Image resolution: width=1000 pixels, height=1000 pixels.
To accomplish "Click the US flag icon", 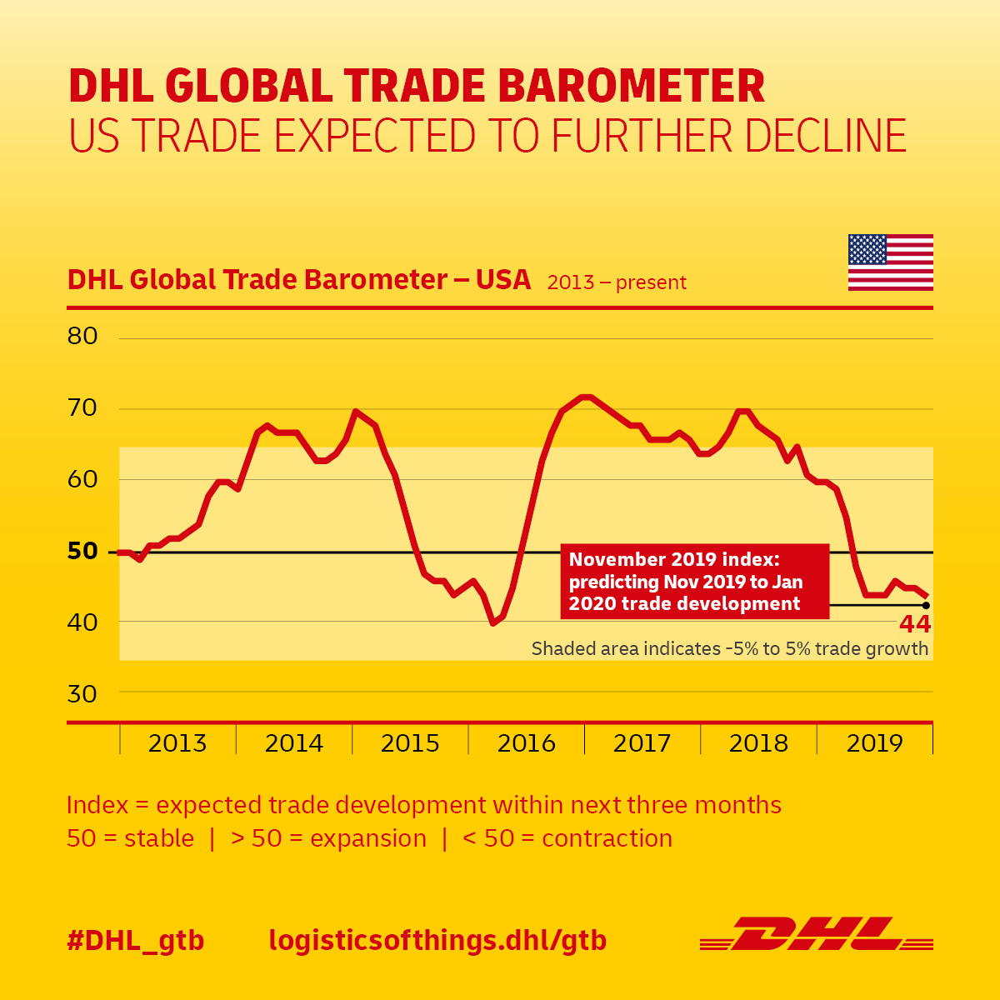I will [x=890, y=262].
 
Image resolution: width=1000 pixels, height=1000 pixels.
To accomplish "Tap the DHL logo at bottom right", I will [x=817, y=934].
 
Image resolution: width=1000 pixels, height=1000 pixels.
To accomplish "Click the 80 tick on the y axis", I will [x=82, y=337].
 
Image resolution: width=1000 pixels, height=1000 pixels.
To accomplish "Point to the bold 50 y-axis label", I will [x=82, y=551].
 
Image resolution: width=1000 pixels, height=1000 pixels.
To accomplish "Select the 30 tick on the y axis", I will [x=82, y=694].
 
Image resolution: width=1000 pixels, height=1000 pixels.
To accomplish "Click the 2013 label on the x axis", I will [x=177, y=743].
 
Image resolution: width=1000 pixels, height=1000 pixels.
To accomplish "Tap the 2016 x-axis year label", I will [x=526, y=743].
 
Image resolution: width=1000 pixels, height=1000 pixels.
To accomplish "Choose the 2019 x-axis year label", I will [x=874, y=743].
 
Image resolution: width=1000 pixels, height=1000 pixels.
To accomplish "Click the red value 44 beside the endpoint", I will [x=915, y=624].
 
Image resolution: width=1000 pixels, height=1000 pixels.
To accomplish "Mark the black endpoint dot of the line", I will [x=926, y=606].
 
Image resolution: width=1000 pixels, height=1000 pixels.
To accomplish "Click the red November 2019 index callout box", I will [x=695, y=582].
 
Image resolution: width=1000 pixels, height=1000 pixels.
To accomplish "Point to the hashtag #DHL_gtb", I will [x=136, y=941].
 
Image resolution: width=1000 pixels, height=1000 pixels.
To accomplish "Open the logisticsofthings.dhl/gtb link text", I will [x=437, y=941].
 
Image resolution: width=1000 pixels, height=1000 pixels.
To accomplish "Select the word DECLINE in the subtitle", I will [x=820, y=137].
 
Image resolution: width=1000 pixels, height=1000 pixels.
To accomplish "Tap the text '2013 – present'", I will [x=617, y=282].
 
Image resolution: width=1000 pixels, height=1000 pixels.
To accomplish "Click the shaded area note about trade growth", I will [x=729, y=648].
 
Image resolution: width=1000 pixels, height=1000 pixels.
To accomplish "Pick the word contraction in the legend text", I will [x=607, y=838].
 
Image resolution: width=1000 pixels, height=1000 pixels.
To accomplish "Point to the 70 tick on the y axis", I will [x=82, y=408].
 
